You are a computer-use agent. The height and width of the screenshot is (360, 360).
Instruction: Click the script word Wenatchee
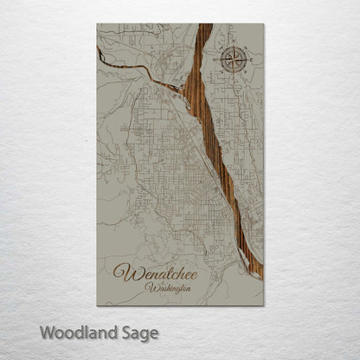163,273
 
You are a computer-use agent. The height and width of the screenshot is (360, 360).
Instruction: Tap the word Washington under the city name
170,287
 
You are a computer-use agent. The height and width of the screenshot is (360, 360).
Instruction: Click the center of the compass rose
232,61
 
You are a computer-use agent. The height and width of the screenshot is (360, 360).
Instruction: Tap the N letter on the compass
232,47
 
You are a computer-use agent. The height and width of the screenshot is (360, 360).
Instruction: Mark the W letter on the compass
218,61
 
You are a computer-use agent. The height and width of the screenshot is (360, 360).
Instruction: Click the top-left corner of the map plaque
98,24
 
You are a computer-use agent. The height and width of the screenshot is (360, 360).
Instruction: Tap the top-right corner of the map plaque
263,24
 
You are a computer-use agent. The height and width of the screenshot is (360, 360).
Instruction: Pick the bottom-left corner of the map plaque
98,305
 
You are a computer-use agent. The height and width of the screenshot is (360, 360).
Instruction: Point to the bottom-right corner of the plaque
263,305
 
